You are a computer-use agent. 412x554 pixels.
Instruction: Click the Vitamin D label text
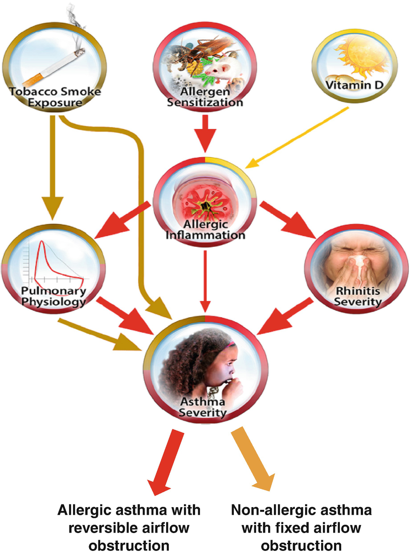(354, 85)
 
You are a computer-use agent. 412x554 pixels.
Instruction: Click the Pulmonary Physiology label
(53, 297)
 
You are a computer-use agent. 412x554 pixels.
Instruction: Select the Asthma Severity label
(203, 407)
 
